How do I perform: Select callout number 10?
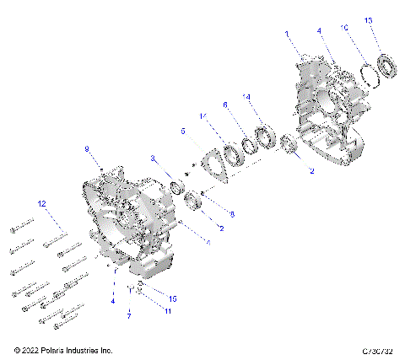343,28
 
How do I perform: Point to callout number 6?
225,105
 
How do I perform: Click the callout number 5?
182,132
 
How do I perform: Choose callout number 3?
153,158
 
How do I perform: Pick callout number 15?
173,298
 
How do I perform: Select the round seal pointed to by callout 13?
388,65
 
